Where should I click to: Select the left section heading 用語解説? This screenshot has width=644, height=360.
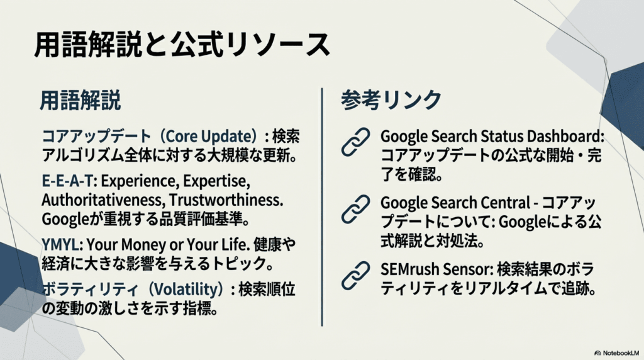(x=80, y=100)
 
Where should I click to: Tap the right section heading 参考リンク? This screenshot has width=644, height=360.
(x=391, y=100)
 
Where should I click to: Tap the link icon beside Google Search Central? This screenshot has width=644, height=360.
(x=356, y=208)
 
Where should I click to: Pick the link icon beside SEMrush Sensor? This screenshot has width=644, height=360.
(x=356, y=274)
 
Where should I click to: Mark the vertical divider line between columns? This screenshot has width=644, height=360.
(x=322, y=208)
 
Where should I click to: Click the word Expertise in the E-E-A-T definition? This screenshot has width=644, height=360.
(x=217, y=181)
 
